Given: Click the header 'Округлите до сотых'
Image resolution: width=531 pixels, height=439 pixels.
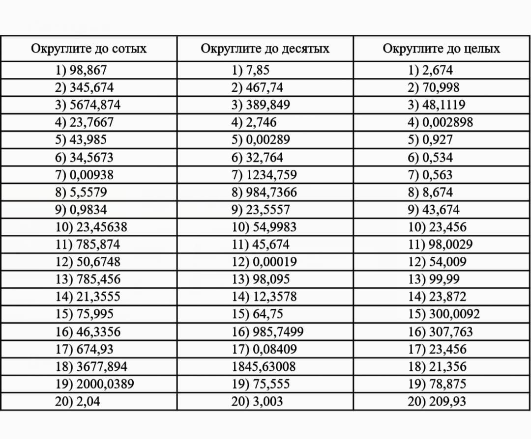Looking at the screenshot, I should click(x=88, y=49).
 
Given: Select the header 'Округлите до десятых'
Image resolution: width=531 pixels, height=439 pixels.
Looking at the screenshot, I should click(x=265, y=49).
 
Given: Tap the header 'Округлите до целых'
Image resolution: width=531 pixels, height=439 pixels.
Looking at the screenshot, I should click(x=441, y=49).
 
